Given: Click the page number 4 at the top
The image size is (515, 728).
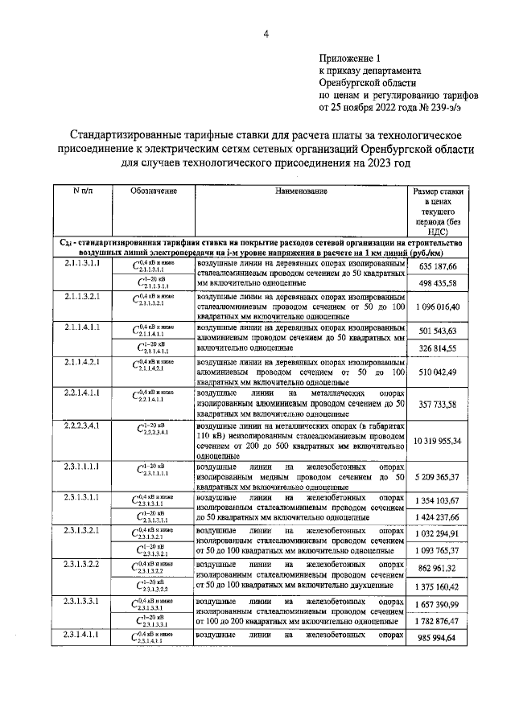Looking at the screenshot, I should point(266,33).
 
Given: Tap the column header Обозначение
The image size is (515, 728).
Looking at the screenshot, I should point(153,191).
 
